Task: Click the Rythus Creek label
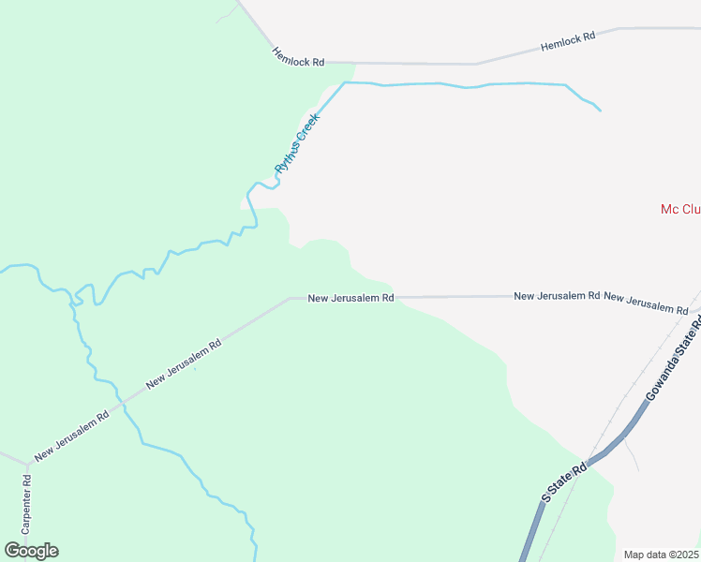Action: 297,142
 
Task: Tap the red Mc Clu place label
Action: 680,209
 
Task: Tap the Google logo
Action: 32,551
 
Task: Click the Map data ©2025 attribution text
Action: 662,555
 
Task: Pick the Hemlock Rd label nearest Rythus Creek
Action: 298,56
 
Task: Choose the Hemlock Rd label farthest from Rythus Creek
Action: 568,41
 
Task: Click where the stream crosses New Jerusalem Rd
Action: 122,402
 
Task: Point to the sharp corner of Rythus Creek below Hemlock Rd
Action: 345,83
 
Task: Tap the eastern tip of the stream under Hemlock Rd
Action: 599,111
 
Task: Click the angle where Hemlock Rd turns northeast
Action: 476,64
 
